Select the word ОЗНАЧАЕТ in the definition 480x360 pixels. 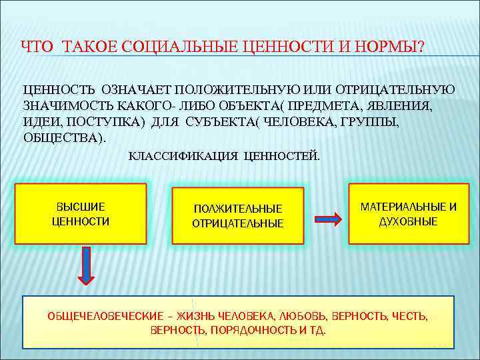click(139, 89)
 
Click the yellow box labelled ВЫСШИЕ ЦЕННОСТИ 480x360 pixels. click(81, 213)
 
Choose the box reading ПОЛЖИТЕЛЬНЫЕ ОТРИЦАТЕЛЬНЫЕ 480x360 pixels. click(238, 216)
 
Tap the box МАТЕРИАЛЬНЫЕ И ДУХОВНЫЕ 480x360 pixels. click(408, 213)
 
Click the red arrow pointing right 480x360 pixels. click(327, 217)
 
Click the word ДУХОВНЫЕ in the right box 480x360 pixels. click(408, 221)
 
